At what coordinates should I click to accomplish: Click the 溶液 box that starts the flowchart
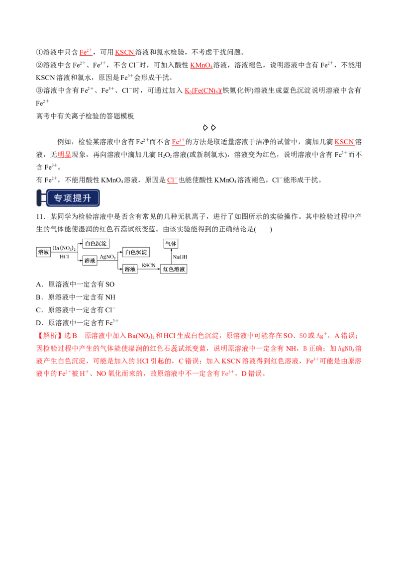coord(44,252)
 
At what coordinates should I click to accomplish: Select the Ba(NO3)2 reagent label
coord(64,248)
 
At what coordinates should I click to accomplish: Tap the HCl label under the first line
coord(65,257)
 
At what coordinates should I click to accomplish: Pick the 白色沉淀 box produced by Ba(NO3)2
coord(96,244)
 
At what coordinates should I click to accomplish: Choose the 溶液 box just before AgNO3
coord(90,261)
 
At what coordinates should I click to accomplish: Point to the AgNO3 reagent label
coord(108,257)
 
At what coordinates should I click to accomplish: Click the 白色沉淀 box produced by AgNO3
coord(136,252)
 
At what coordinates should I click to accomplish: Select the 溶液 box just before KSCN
coord(130,269)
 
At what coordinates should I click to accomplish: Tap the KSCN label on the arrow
coord(149,265)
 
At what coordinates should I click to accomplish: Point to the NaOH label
coord(180,257)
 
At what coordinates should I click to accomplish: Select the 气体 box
coord(171,244)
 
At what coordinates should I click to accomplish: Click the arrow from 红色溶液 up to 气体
coord(171,256)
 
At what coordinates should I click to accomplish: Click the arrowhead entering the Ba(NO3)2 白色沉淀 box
coord(80,244)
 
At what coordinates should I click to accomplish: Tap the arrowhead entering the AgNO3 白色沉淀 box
coord(121,252)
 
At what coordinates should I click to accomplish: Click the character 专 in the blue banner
coord(59,198)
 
